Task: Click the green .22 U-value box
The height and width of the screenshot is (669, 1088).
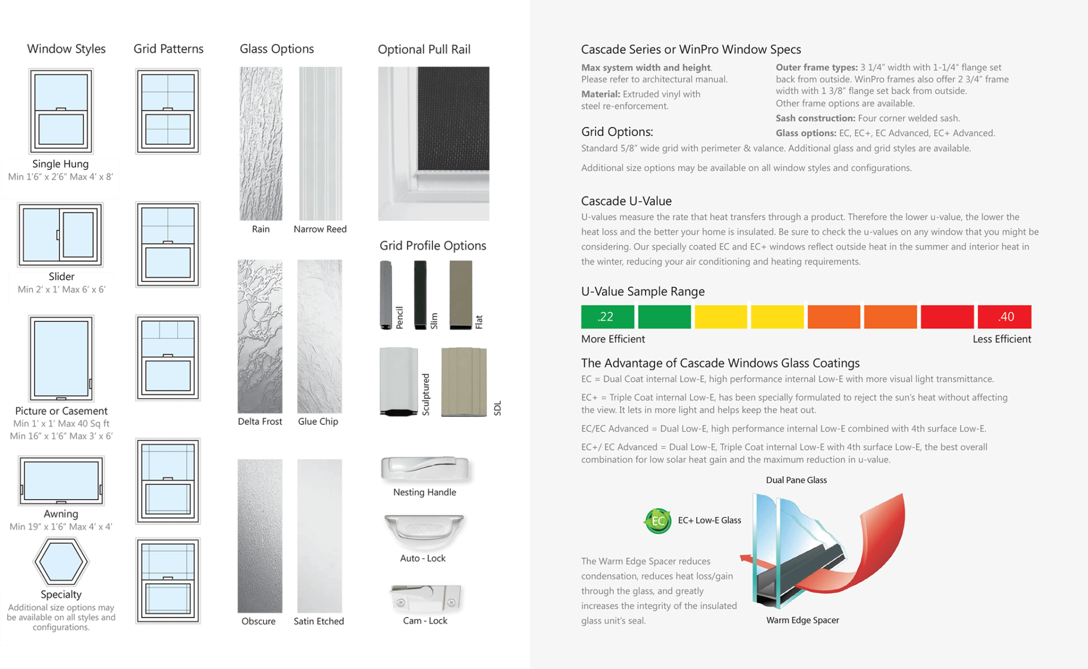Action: point(607,317)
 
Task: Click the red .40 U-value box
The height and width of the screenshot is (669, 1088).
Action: point(1004,317)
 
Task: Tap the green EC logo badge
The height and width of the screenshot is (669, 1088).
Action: point(657,521)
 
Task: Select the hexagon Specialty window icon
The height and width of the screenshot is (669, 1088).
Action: point(61,561)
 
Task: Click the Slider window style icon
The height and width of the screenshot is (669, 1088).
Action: point(61,235)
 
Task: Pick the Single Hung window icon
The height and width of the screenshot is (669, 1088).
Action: point(61,110)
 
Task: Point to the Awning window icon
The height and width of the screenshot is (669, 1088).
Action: point(61,481)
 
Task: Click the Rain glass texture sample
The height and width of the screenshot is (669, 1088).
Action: point(261,143)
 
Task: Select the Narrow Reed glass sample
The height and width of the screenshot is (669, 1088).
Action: point(320,143)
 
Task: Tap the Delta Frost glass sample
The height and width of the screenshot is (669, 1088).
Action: point(260,336)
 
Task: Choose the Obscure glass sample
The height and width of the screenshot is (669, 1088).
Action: point(260,535)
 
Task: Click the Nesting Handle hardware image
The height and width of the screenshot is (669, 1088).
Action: point(426,470)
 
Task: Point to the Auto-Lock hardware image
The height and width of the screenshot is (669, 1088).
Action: point(424,531)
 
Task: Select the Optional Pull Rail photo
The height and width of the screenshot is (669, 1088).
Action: point(433,143)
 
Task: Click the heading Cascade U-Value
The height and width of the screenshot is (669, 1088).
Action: point(626,201)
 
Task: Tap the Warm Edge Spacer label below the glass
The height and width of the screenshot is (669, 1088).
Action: point(802,620)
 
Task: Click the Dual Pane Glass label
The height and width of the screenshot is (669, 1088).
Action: point(796,480)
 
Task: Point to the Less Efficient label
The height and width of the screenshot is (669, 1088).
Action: point(1001,339)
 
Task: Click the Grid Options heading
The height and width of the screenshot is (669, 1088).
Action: point(617,132)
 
